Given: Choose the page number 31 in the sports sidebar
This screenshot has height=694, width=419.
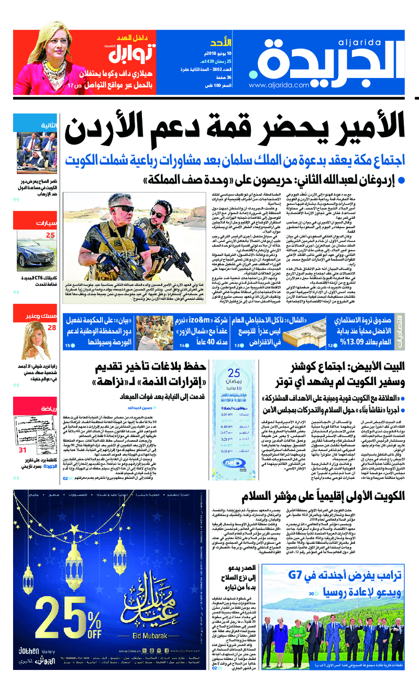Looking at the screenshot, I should [x=22, y=435].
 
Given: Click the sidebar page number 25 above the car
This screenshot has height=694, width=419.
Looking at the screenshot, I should [x=50, y=236].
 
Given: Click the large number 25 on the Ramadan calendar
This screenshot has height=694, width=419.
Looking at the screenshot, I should [x=234, y=373].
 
